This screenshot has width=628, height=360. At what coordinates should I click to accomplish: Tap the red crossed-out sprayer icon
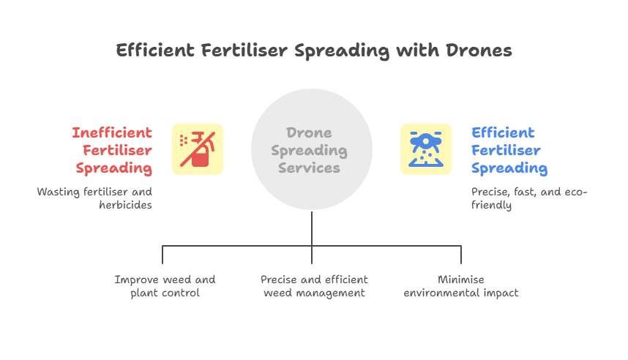[x=198, y=149]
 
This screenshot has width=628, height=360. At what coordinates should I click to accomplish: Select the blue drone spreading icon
[x=426, y=149]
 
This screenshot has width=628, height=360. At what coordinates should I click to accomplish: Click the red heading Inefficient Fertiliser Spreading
[x=112, y=151]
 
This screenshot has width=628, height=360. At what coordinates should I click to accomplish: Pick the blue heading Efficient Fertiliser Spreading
[x=509, y=151]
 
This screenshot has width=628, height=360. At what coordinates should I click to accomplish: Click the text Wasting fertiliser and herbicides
[x=95, y=199]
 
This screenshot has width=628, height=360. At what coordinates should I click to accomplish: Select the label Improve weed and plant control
[x=165, y=286]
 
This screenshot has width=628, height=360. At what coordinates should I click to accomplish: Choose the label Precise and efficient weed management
[x=314, y=286]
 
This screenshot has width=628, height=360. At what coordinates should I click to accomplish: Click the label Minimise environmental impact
[x=461, y=286]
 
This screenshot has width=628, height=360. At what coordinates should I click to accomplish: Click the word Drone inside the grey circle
[x=309, y=133]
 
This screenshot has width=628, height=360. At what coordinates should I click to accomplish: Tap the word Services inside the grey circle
[x=313, y=168]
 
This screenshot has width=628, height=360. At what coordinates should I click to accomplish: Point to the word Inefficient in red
[x=112, y=133]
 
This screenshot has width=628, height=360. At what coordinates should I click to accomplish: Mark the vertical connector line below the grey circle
[x=312, y=227]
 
